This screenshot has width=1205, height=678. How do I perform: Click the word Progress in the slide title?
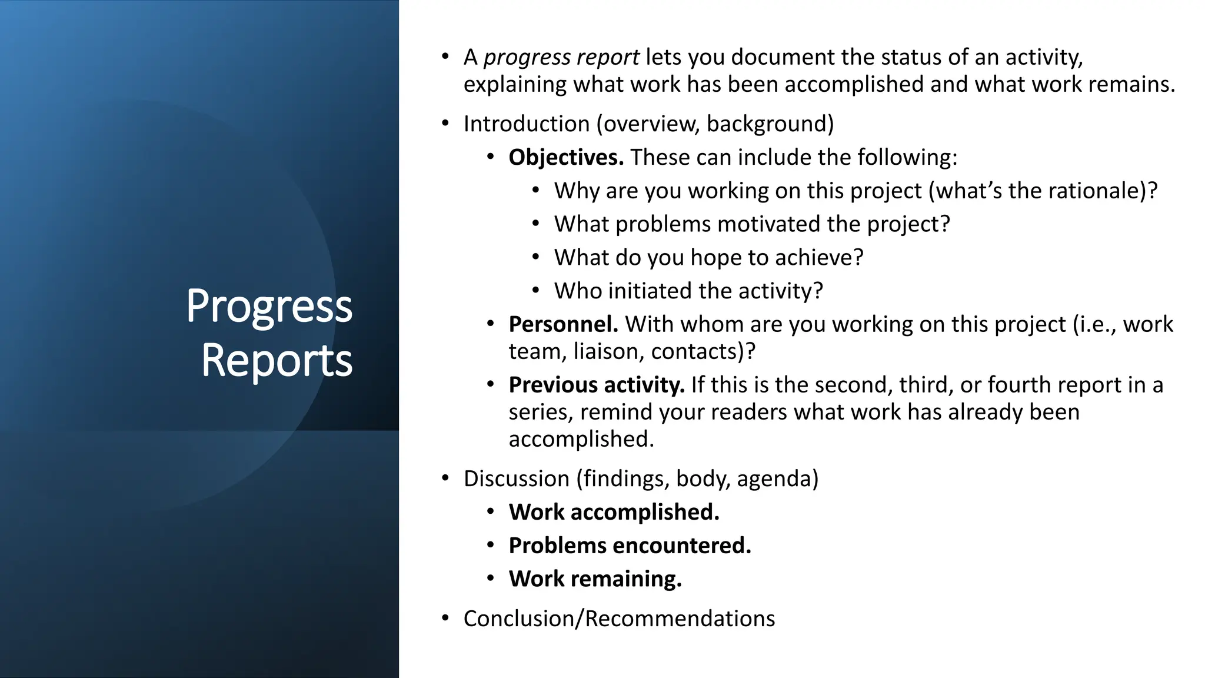(x=269, y=307)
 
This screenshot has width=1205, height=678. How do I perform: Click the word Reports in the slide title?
(x=277, y=361)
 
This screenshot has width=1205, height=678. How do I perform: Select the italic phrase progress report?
(x=561, y=58)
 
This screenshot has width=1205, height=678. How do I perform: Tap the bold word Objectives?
(x=565, y=158)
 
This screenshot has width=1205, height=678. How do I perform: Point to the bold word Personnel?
(x=562, y=324)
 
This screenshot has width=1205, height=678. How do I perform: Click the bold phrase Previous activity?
(x=596, y=385)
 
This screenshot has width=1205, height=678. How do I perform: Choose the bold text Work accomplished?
(x=614, y=512)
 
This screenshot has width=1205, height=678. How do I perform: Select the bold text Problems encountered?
(x=630, y=546)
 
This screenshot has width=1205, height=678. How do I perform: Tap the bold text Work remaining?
(x=595, y=579)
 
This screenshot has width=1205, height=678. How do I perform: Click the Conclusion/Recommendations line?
(x=619, y=619)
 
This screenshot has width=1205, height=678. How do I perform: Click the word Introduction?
(x=526, y=124)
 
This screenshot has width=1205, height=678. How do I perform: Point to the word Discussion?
(x=516, y=478)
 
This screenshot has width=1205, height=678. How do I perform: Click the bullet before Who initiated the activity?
(x=535, y=291)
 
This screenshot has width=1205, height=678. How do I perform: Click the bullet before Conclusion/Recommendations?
(x=445, y=619)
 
